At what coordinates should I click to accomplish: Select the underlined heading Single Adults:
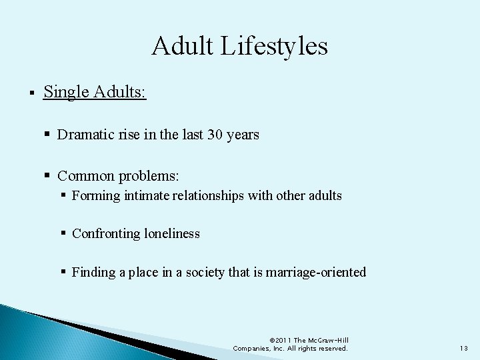coord(95,91)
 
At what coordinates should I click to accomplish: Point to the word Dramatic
coord(84,135)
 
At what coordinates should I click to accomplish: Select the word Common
coord(86,176)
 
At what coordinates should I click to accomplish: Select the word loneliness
coord(171,234)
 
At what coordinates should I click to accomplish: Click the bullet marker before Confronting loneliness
coord(63,234)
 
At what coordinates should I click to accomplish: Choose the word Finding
coord(94,272)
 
